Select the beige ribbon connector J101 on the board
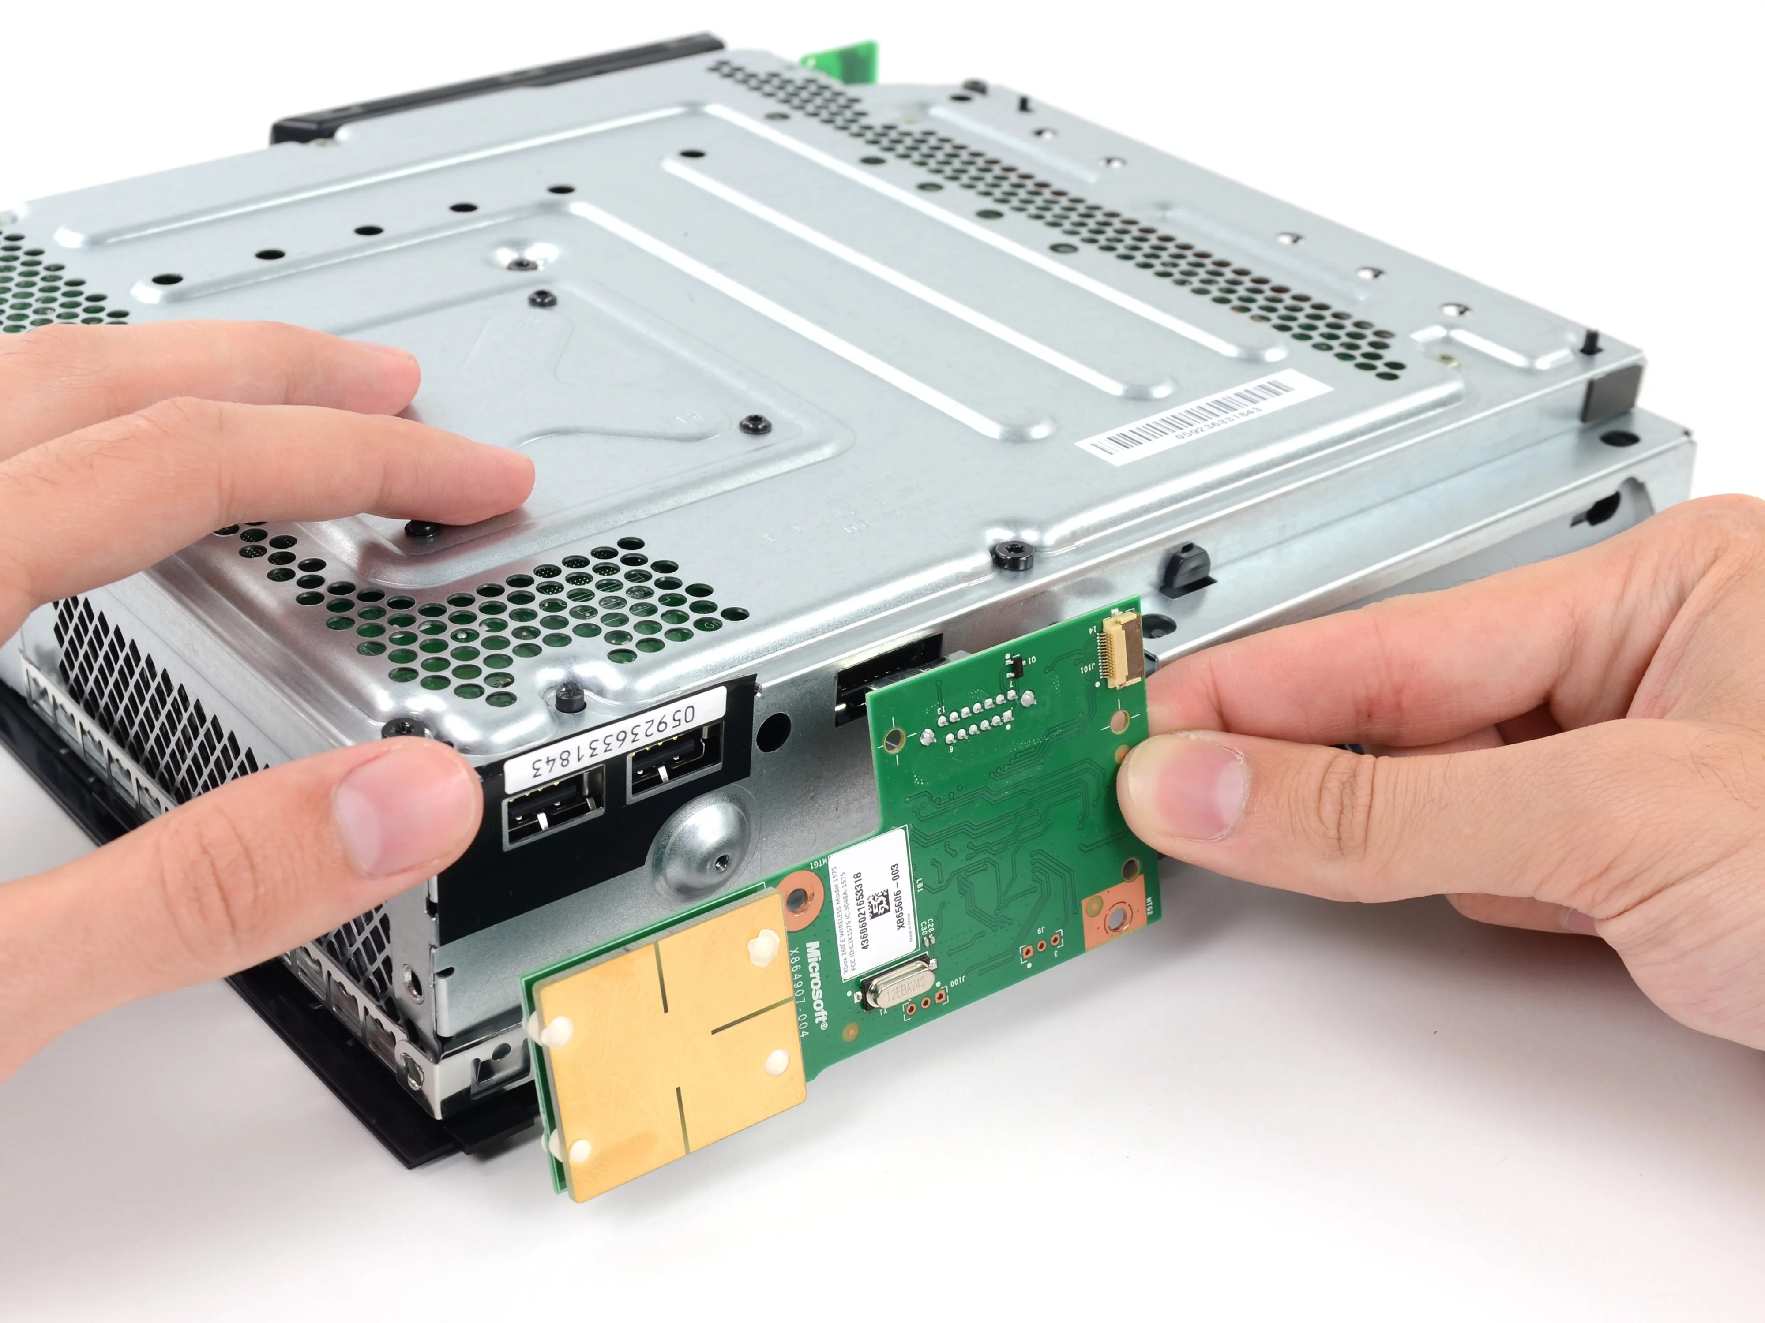pyautogui.click(x=1121, y=650)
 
